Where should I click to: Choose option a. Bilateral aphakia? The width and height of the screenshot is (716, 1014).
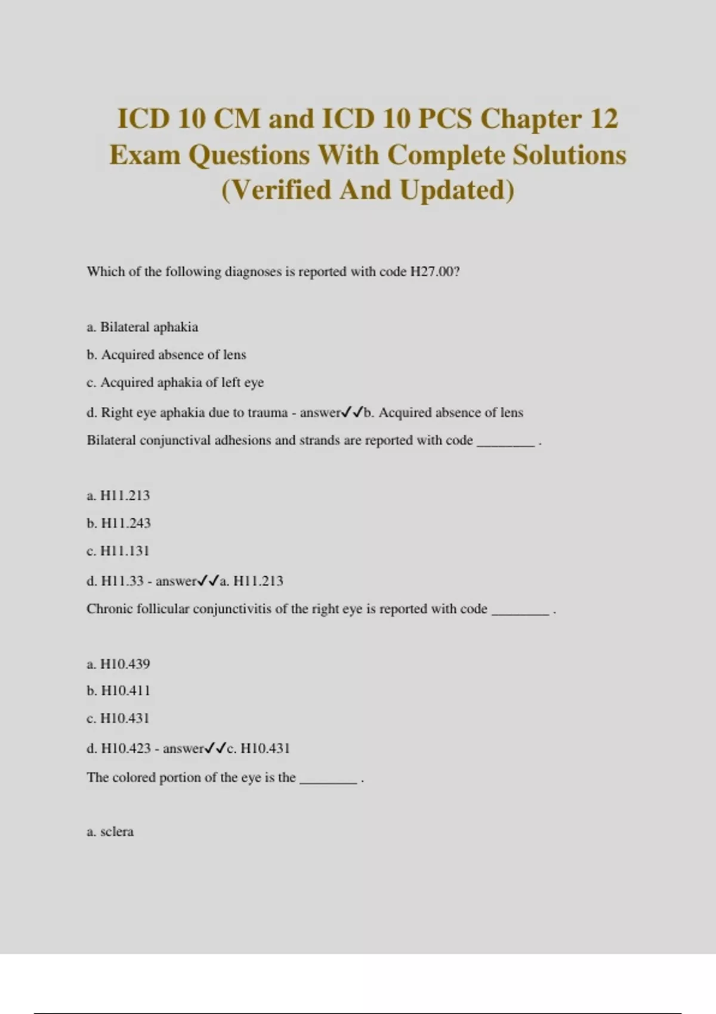pyautogui.click(x=142, y=327)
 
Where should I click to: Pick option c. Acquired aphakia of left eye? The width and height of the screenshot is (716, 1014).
pyautogui.click(x=175, y=382)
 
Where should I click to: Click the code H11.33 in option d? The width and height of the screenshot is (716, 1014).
pyautogui.click(x=122, y=581)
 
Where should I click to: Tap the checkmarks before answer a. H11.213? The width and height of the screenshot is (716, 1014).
pyautogui.click(x=208, y=580)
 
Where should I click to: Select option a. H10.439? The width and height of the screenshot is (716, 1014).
pyautogui.click(x=118, y=664)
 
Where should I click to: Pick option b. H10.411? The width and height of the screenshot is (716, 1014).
pyautogui.click(x=118, y=691)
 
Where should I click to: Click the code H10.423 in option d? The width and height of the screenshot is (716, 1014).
pyautogui.click(x=126, y=749)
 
